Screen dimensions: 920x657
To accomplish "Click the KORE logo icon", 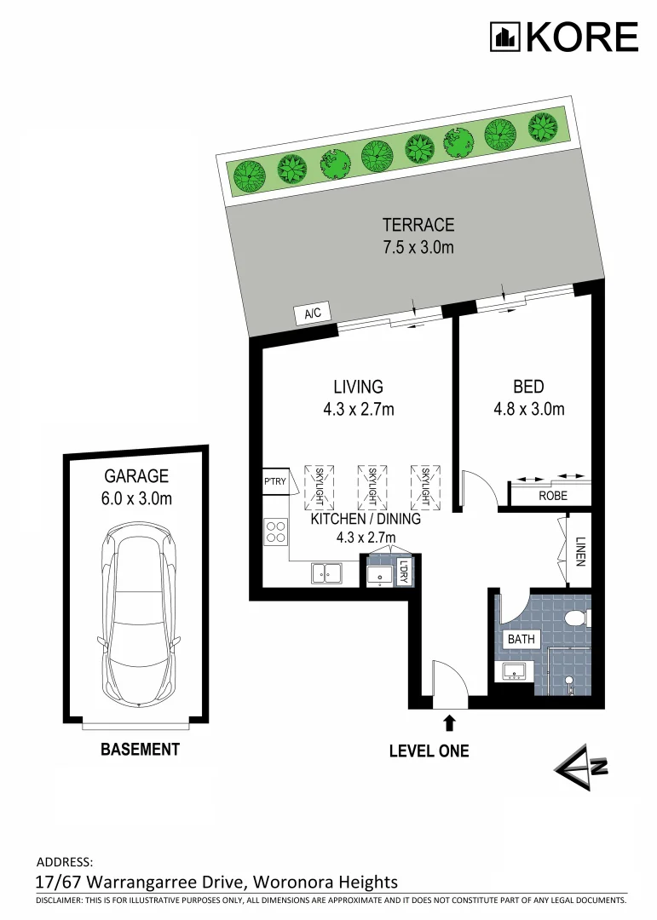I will coord(504,37).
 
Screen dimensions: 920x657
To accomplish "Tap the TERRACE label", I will coord(418,226).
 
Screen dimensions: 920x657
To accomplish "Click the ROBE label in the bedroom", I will coord(552,495).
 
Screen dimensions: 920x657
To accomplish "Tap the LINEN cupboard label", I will coord(579,550).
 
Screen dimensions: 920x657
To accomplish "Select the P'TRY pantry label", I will coord(274,482).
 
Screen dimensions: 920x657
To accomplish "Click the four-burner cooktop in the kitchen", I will coord(276,532).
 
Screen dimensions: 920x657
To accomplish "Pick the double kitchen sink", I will coord(326,573).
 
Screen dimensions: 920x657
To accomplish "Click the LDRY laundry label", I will coord(404,572).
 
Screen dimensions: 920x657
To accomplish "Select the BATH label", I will coord(521,639).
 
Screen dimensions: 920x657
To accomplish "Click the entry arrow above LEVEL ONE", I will coord(449,723).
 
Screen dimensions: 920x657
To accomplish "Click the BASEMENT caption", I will coord(140,750).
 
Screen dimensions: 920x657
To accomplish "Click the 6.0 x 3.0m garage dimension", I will coord(137,498).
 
